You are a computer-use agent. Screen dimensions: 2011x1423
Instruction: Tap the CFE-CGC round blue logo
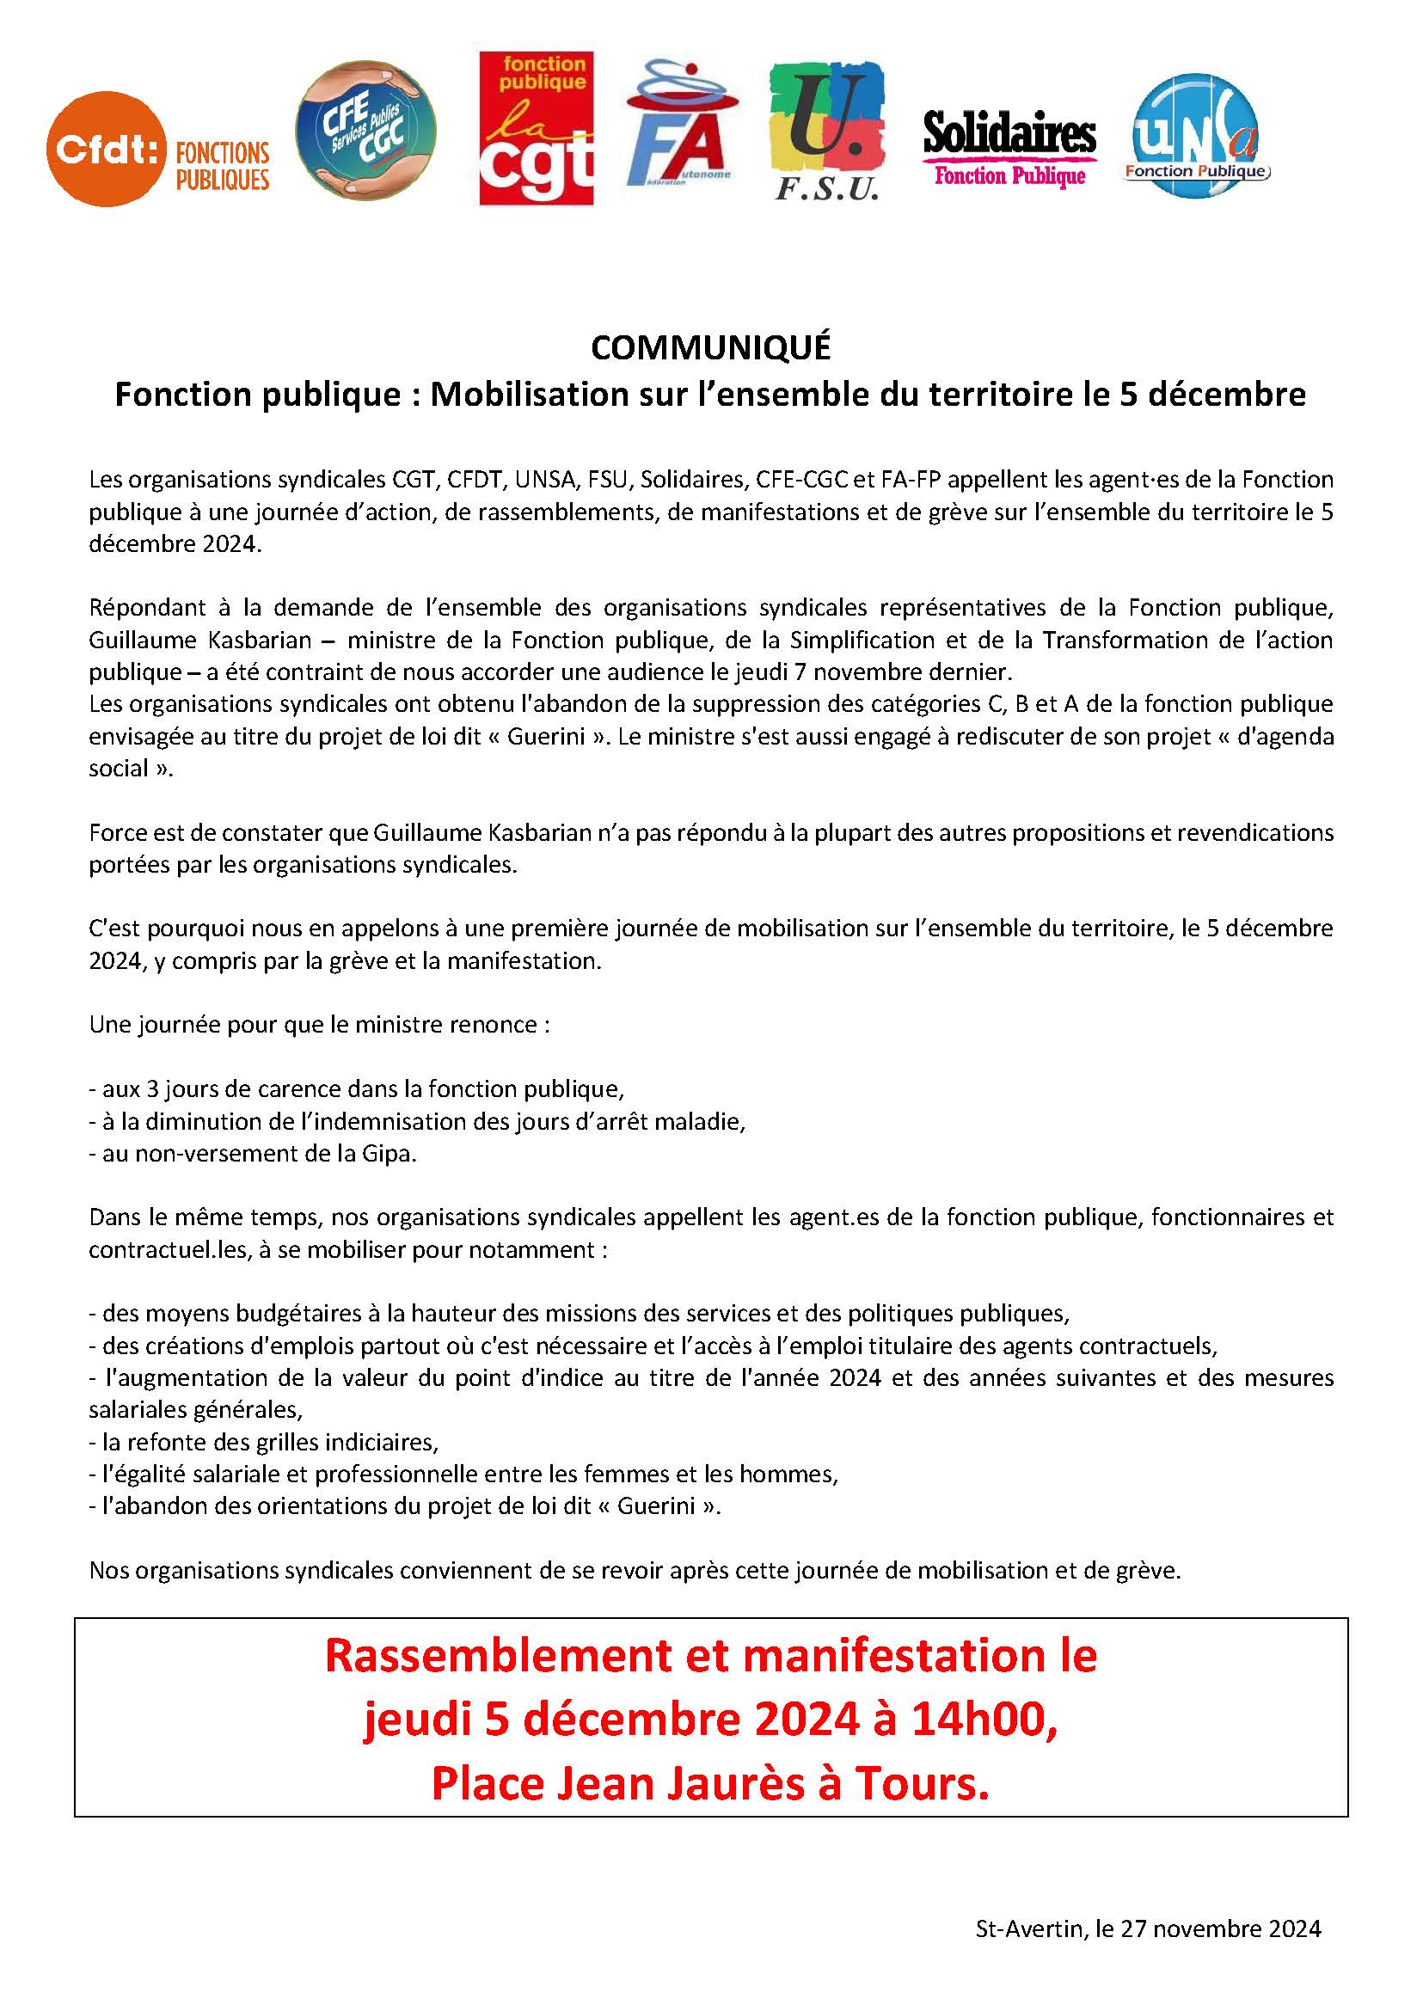click(x=365, y=131)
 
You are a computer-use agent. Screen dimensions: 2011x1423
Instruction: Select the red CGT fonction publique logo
click(x=537, y=128)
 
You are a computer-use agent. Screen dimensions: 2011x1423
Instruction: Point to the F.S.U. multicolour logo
click(x=826, y=132)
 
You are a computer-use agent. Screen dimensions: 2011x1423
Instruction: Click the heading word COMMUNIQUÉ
click(x=710, y=348)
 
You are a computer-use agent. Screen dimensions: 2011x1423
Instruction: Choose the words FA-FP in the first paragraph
click(x=915, y=479)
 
